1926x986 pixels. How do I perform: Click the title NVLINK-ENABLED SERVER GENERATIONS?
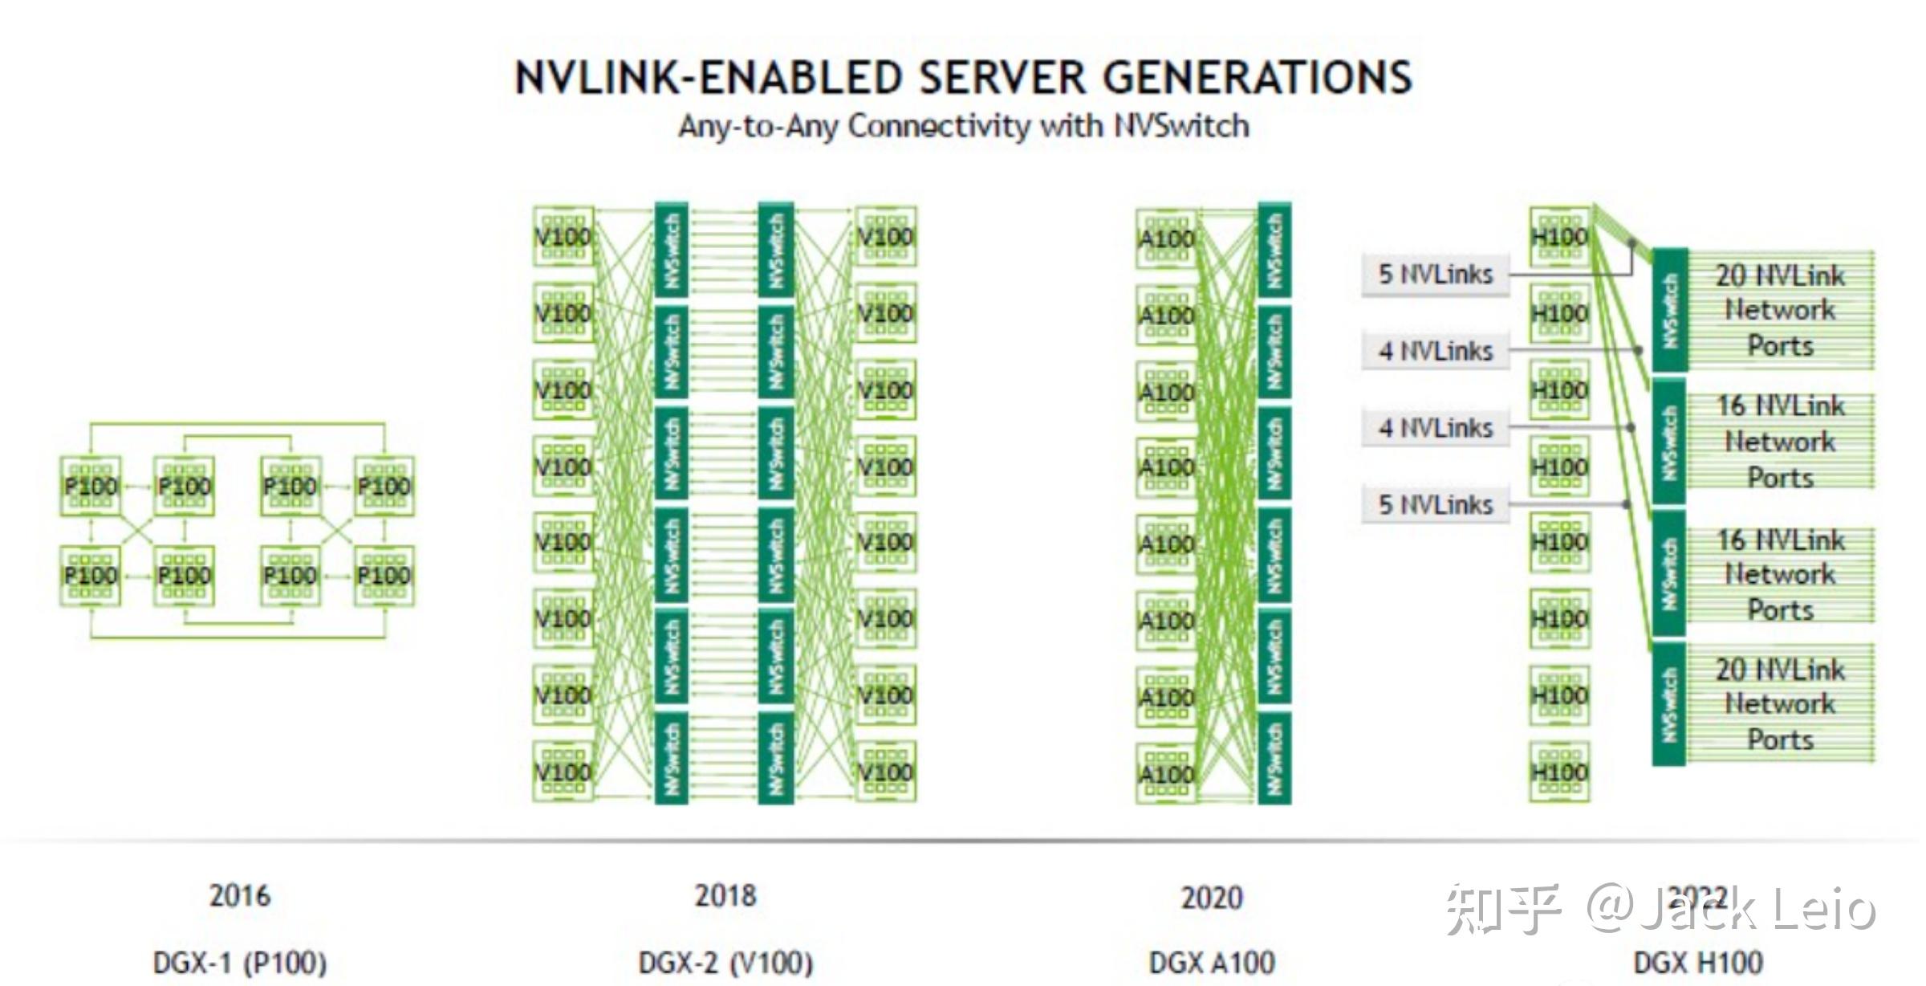click(x=963, y=78)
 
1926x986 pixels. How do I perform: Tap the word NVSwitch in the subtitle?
click(x=1181, y=126)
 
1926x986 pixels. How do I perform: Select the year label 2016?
click(x=239, y=895)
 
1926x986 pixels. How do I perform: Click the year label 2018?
click(x=725, y=895)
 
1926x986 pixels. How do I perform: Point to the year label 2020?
click(x=1212, y=897)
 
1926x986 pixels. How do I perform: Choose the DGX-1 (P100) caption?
click(x=239, y=962)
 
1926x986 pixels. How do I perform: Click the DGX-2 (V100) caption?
click(x=725, y=962)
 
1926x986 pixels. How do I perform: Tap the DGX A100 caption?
click(x=1212, y=962)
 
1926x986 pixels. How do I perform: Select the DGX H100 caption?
click(x=1698, y=962)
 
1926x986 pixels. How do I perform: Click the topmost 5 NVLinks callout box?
click(x=1435, y=275)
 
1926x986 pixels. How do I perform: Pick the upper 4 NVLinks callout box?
click(x=1435, y=351)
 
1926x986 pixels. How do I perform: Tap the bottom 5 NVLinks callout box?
click(x=1435, y=505)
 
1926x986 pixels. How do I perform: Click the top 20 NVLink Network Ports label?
click(x=1780, y=310)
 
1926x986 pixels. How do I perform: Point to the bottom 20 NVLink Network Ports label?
click(x=1780, y=704)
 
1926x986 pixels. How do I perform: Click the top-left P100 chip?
click(x=91, y=486)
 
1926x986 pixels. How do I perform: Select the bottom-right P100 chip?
click(x=384, y=576)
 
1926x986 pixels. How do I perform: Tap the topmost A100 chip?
click(x=1165, y=238)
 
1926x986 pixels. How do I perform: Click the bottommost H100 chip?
click(x=1559, y=772)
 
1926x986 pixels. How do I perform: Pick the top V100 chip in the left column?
click(x=563, y=236)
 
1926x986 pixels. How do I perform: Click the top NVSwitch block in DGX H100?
click(x=1669, y=310)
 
